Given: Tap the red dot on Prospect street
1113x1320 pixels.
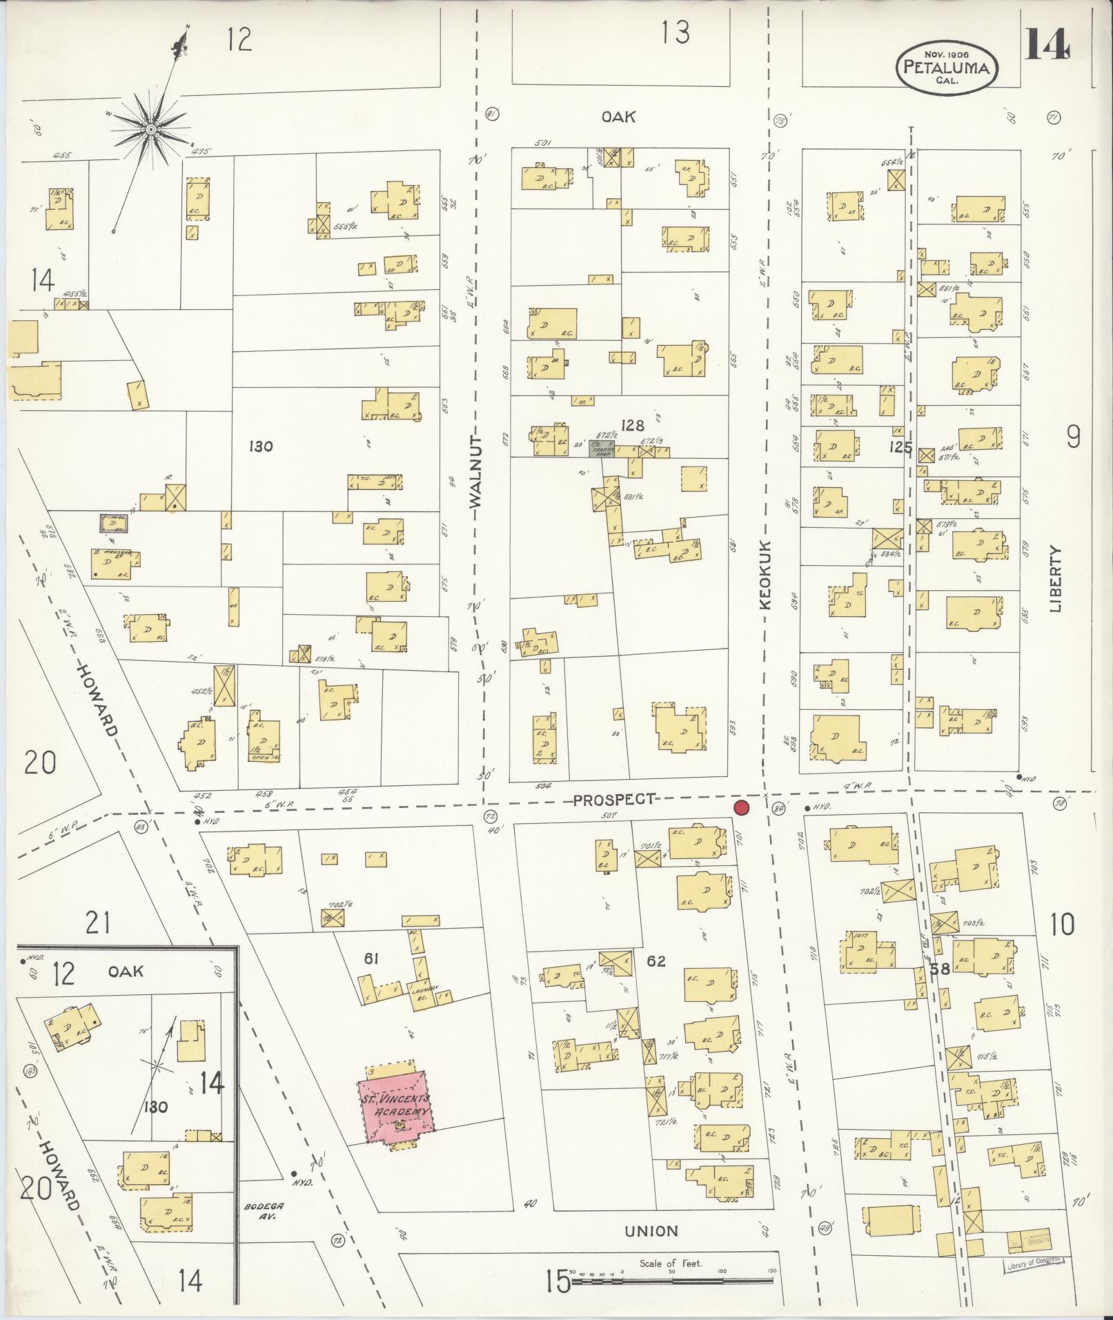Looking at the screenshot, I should click(x=742, y=808).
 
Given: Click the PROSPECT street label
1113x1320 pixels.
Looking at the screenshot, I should click(x=613, y=799).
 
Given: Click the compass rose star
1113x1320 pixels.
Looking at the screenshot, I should click(x=150, y=128).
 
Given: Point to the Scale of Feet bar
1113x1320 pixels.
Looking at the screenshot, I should click(x=673, y=1280).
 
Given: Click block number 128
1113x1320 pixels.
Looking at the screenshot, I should click(x=632, y=425).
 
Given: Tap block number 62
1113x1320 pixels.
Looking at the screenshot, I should click(x=656, y=961).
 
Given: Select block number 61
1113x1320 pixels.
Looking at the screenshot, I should click(x=372, y=958).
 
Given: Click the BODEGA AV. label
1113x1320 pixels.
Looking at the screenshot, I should click(x=259, y=1212).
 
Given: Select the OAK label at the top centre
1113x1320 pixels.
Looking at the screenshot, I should click(x=618, y=117).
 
